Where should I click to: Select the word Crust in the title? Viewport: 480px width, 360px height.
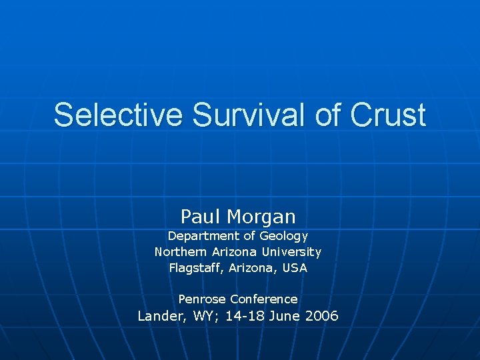click(387, 115)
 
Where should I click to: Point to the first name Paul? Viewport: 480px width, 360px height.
click(201, 216)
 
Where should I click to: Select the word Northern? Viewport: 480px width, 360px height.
click(179, 252)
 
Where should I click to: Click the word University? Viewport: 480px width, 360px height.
click(291, 252)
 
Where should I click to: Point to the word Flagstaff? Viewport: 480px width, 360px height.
click(196, 268)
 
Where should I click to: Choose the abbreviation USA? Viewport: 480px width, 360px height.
click(295, 268)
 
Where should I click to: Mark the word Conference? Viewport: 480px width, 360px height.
click(264, 299)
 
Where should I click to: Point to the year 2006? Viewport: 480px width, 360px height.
click(322, 316)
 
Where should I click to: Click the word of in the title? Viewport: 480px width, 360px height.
click(327, 115)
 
